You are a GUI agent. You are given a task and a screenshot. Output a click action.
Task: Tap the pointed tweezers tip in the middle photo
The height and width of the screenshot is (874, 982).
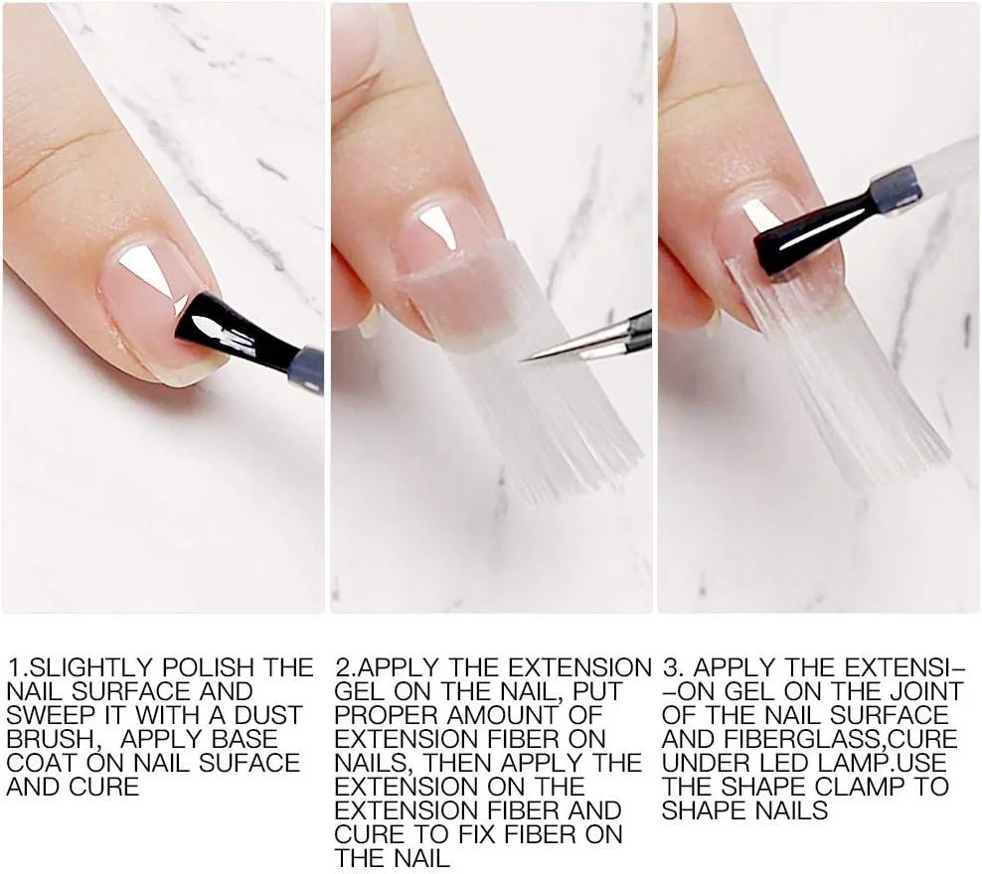[x=521, y=361]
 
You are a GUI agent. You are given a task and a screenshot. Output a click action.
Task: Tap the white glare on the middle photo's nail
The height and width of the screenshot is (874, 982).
[x=439, y=227]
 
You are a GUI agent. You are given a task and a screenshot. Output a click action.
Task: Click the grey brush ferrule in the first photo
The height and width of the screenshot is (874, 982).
[x=305, y=370]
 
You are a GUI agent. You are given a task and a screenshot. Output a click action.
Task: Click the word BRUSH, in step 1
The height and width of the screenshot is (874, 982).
[x=55, y=740]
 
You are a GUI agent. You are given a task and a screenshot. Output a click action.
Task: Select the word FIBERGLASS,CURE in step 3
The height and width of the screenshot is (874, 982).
[x=841, y=740]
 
